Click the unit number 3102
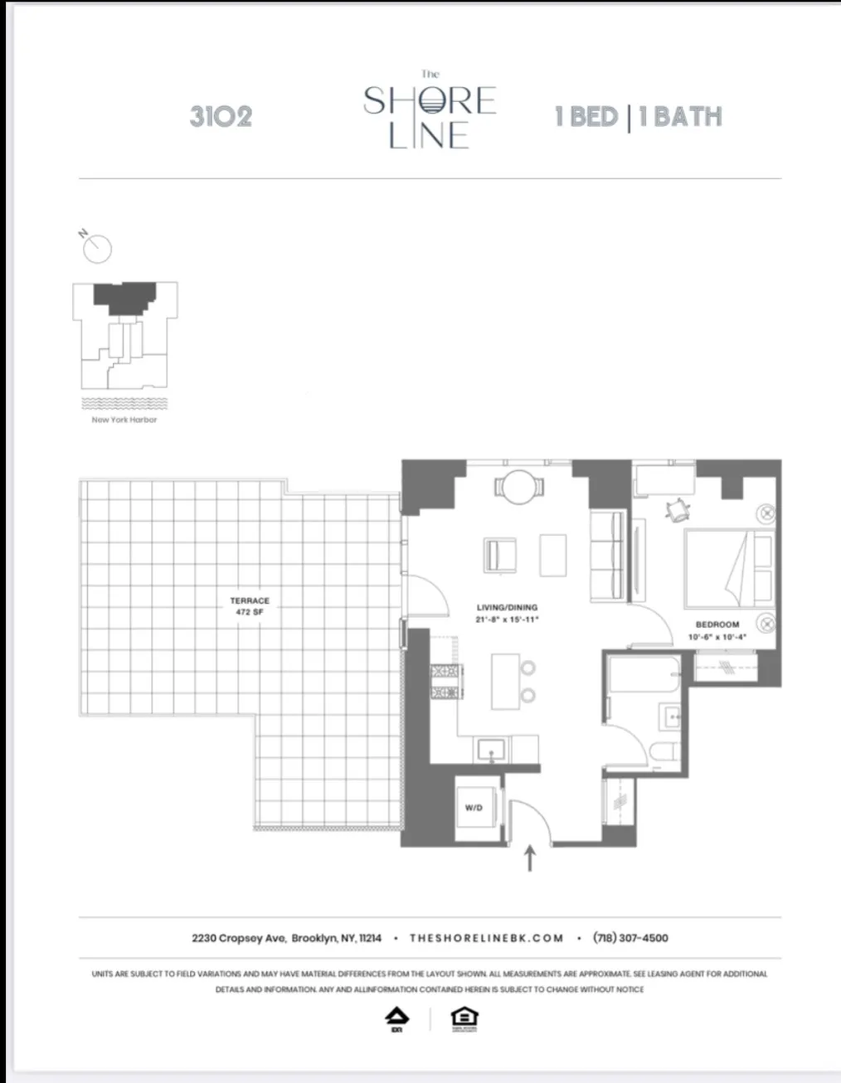(221, 116)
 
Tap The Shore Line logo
(430, 116)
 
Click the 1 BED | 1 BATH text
(638, 116)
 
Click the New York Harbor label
(124, 420)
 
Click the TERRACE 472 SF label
(250, 605)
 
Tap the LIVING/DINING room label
(507, 613)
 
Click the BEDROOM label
(717, 629)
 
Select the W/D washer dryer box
(474, 807)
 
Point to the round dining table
(521, 487)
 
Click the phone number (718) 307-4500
(630, 938)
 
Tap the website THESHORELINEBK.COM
(487, 938)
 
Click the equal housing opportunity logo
(464, 1017)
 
